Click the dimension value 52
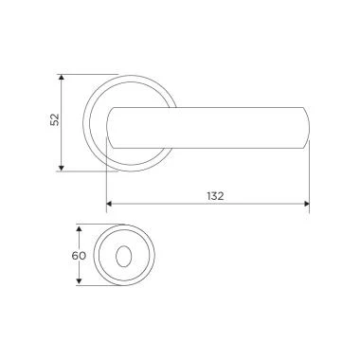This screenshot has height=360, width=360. [55, 119]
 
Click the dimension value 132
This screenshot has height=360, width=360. [215, 196]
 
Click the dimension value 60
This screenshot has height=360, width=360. [79, 256]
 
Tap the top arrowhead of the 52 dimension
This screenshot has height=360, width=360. [62, 78]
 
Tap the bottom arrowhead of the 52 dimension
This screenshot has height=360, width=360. [62, 168]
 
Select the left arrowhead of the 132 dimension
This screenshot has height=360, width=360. [109, 204]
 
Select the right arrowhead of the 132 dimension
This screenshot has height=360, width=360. [306, 204]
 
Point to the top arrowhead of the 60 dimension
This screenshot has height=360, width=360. [80, 228]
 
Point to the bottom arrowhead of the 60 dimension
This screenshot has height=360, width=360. [80, 282]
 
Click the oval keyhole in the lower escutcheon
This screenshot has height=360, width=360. [123, 256]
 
